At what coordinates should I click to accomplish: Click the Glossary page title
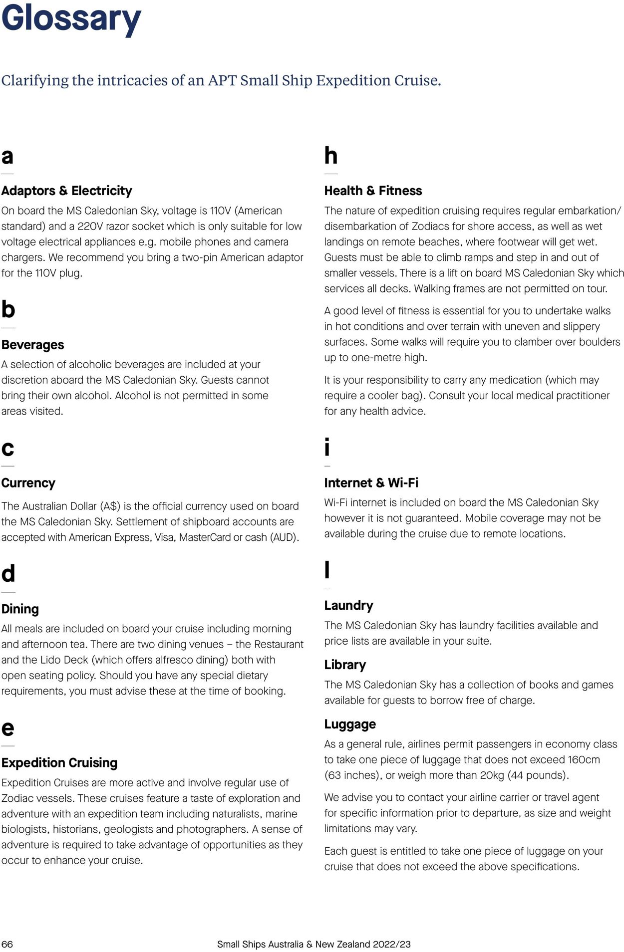71,18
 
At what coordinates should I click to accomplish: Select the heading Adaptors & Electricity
66,191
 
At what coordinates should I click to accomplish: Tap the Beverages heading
32,345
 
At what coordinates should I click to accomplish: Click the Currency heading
28,483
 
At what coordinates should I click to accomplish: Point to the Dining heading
20,609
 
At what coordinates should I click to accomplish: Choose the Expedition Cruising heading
59,762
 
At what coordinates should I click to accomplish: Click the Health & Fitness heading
373,191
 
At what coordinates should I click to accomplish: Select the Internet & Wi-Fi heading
371,483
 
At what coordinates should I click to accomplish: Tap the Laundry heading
348,605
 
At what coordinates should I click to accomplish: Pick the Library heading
345,665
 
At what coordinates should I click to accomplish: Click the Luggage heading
350,724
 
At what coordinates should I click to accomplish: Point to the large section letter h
330,156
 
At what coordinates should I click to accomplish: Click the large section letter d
8,574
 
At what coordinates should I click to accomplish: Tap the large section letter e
7,728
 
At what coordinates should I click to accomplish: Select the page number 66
7,944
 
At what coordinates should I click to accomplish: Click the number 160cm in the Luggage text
584,759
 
